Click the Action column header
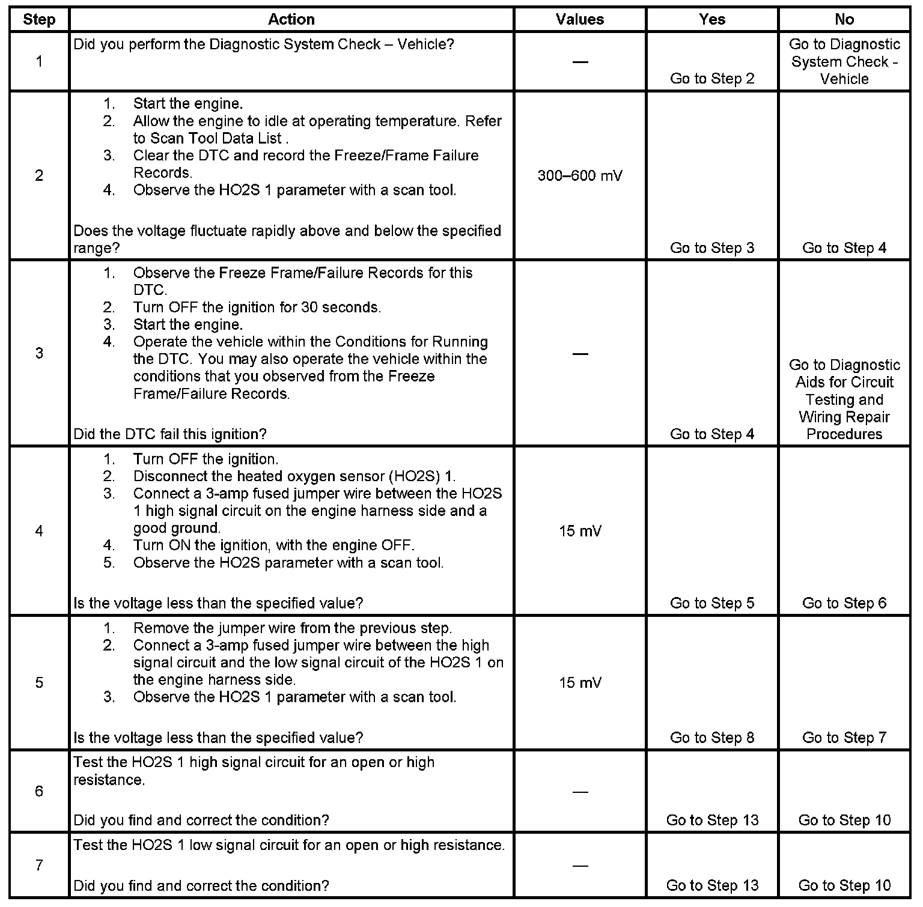pos(291,19)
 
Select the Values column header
pos(580,19)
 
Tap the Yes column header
pos(712,19)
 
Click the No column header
pos(844,19)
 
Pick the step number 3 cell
pos(39,353)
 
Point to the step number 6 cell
pos(39,791)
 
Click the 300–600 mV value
pos(580,175)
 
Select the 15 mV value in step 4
pos(580,531)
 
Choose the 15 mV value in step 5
pos(580,682)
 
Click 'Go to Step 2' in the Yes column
pos(712,79)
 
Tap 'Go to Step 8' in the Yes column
pos(712,738)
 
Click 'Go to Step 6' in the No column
pos(844,603)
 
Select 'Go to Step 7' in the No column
pos(844,738)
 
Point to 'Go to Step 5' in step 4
pos(712,603)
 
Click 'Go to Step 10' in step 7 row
pos(844,885)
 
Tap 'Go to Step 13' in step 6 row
pos(712,820)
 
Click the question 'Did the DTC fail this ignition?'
pos(170,434)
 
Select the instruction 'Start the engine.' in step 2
pos(188,103)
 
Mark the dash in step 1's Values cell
pos(580,61)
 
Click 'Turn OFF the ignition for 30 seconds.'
pos(257,308)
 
